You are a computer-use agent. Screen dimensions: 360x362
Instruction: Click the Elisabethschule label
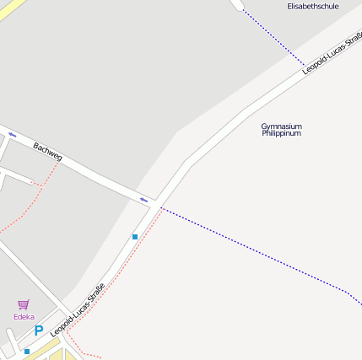click(313, 6)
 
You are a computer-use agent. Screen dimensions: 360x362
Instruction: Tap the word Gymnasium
click(281, 126)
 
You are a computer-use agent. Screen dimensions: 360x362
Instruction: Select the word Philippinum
click(281, 133)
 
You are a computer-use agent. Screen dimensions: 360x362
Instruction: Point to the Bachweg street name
click(48, 152)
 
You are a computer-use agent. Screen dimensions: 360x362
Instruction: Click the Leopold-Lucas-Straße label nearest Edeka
click(78, 310)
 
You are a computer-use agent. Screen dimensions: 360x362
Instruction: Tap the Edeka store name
click(24, 317)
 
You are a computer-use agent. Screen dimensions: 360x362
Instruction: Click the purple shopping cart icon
click(23, 304)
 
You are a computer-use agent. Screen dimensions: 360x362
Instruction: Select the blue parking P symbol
click(38, 331)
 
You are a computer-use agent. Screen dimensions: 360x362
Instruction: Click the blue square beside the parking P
click(27, 351)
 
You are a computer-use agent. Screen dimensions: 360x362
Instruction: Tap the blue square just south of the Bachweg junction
click(134, 237)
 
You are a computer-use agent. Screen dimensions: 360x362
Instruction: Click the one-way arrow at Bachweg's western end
click(12, 134)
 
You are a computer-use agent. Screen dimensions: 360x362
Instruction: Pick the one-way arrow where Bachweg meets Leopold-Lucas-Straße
click(144, 199)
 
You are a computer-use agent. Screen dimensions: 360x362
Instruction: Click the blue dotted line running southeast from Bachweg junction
click(253, 249)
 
